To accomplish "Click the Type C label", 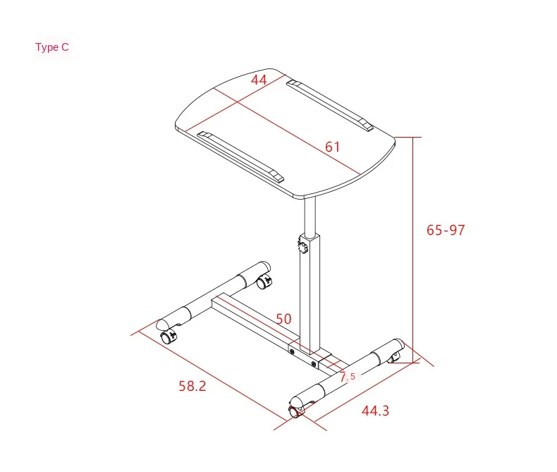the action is tap(52, 47).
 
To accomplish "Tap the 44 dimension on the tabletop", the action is tap(259, 80).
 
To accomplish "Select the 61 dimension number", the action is tap(333, 147).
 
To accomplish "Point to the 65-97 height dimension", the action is tap(446, 230).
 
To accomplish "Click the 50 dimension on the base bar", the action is tap(283, 319).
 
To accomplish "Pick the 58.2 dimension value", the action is tap(192, 386).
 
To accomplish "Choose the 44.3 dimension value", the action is tap(375, 411).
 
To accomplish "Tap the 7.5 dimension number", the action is tap(348, 377).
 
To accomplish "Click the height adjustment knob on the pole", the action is tap(302, 247).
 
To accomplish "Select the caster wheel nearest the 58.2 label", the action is tap(167, 337).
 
